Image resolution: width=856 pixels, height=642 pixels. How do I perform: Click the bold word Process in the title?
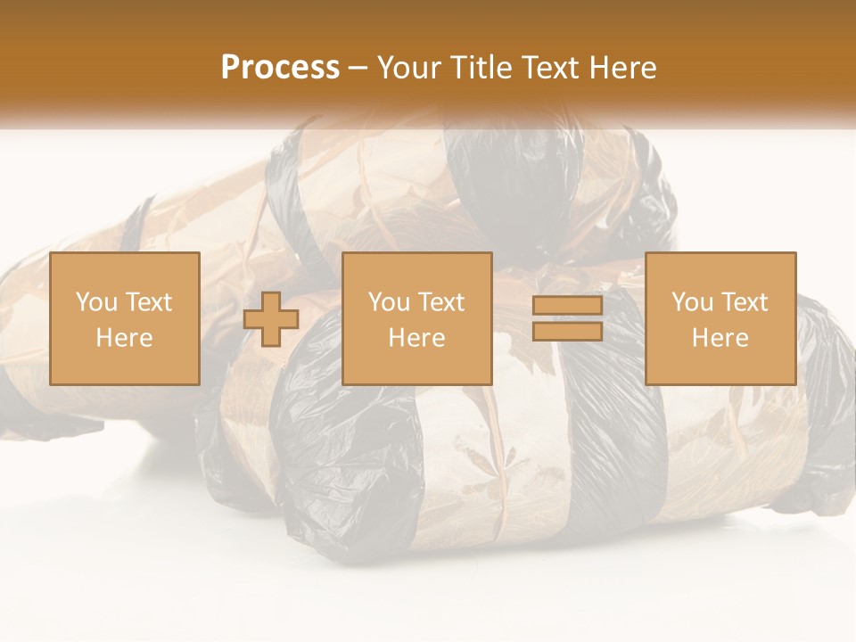tap(280, 68)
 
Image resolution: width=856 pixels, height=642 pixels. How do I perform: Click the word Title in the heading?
tap(482, 68)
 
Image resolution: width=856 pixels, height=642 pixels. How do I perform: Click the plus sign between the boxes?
tap(271, 318)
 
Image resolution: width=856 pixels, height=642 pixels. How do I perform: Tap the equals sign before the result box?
tap(567, 318)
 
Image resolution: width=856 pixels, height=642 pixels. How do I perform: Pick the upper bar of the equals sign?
tap(567, 306)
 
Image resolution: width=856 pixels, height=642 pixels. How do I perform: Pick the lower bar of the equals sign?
tap(567, 331)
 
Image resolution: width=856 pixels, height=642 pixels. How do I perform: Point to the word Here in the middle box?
tap(417, 338)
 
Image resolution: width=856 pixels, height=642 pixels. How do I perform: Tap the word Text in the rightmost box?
tap(745, 302)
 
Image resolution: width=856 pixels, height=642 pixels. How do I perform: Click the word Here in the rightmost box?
tap(720, 338)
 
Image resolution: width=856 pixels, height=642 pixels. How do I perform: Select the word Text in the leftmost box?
tap(149, 302)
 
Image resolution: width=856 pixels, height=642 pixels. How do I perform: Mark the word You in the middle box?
tap(388, 302)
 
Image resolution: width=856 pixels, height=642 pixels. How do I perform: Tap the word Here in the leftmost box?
tap(125, 338)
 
